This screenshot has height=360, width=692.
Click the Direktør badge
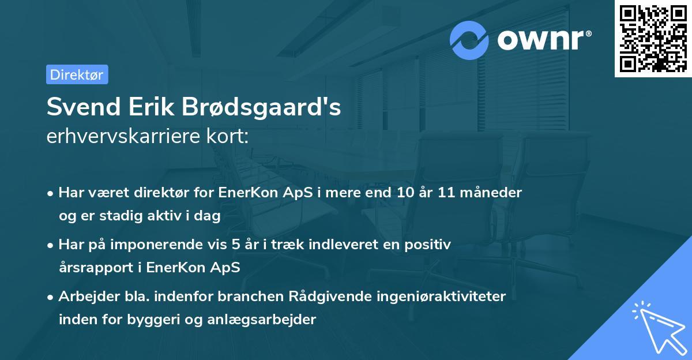click(x=77, y=74)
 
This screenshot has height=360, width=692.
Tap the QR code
click(x=653, y=38)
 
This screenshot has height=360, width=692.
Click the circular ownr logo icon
click(x=470, y=40)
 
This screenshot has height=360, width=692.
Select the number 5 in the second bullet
click(x=235, y=244)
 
